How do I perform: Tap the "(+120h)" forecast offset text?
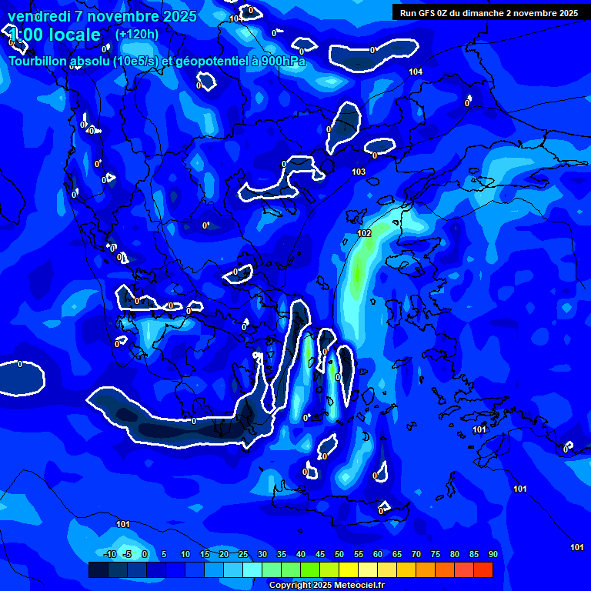[x=137, y=34]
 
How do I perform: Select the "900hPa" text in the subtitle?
[x=282, y=61]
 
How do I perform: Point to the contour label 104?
[x=416, y=72]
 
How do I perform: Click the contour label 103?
[x=359, y=172]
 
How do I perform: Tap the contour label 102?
[x=365, y=233]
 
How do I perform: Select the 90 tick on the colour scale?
[x=492, y=554]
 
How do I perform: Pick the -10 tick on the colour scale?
[x=109, y=554]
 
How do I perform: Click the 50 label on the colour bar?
[x=339, y=554]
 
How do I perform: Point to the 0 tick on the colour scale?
[x=145, y=554]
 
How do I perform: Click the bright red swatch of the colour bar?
[x=482, y=569]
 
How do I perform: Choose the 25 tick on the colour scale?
[x=242, y=554]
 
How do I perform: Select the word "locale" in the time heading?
[x=74, y=35]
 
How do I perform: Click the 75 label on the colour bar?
[x=435, y=554]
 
